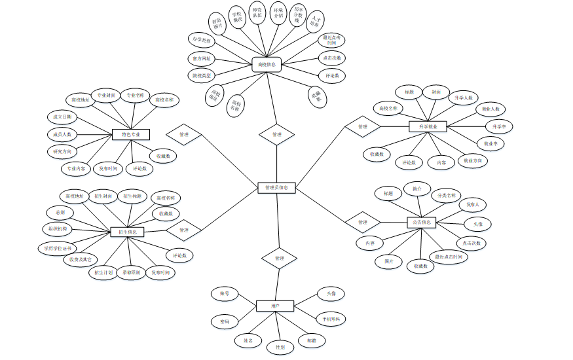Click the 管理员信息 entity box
click(277, 188)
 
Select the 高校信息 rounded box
click(267, 64)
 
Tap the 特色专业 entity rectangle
click(131, 134)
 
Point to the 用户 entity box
click(275, 306)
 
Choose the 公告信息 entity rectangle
click(421, 223)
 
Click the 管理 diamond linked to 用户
click(279, 258)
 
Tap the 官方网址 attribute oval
click(202, 58)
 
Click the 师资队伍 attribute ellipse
click(257, 15)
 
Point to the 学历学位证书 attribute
click(57, 248)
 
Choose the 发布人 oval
click(473, 205)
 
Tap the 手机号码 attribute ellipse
click(331, 319)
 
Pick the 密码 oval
click(225, 321)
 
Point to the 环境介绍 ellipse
click(278, 14)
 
